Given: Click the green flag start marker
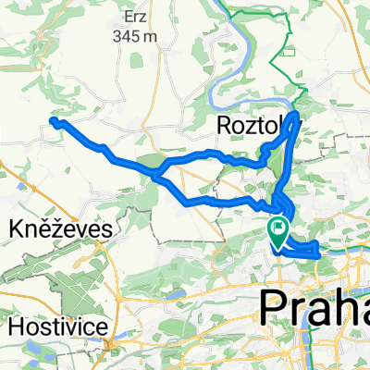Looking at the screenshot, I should click(277, 228).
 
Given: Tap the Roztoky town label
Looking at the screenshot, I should click(249, 124).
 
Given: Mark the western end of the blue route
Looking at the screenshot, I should click(53, 121).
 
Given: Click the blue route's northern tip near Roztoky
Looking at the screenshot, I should click(295, 115).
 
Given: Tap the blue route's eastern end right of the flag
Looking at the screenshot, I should click(319, 248).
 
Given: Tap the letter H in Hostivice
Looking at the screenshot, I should click(15, 327).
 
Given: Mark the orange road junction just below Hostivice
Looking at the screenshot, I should click(110, 346).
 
